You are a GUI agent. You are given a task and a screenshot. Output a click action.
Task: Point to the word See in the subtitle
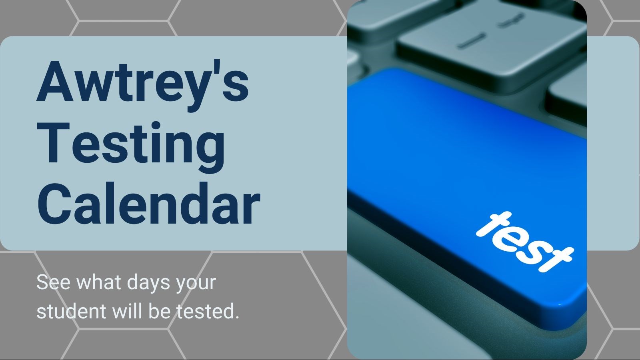pyautogui.click(x=53, y=282)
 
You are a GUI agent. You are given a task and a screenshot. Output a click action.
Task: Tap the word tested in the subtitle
pyautogui.click(x=205, y=311)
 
